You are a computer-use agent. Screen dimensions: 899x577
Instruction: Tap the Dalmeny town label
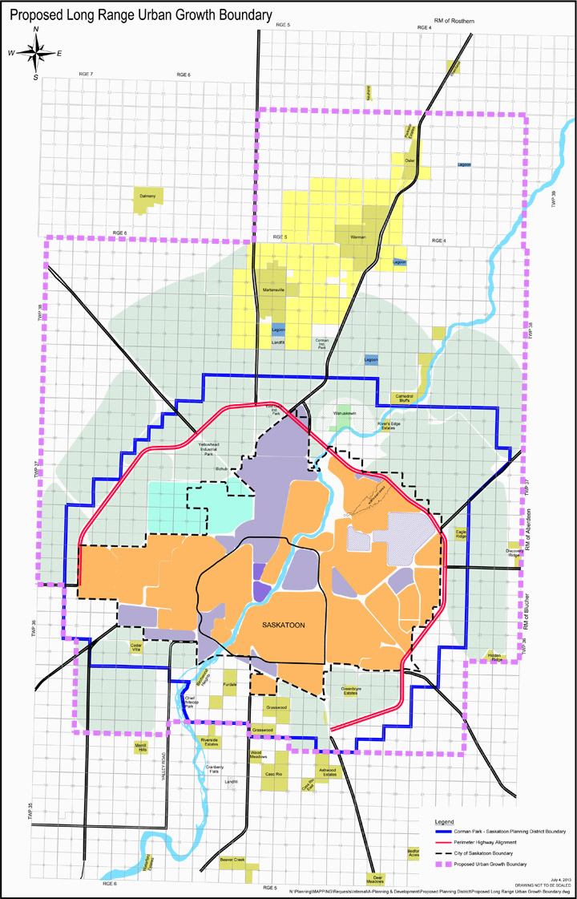147,195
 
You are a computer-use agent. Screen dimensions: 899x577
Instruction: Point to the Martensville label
275,290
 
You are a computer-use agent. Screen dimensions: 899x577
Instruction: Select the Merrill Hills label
141,747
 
